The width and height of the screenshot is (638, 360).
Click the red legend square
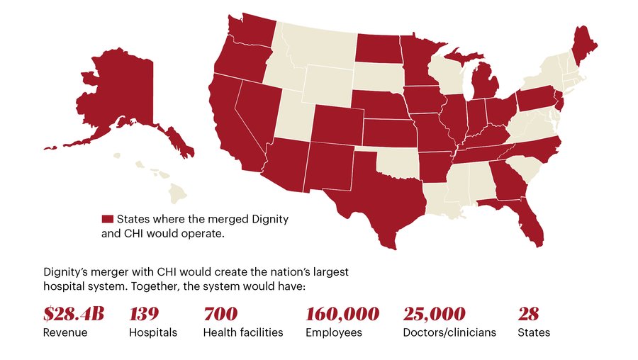[108, 219]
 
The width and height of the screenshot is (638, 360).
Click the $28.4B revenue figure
[73, 313]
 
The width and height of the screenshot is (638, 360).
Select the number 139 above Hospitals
[144, 313]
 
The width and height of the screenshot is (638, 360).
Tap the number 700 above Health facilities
[220, 313]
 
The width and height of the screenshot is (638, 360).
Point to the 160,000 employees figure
[342, 313]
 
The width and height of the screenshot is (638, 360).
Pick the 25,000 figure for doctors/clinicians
[434, 313]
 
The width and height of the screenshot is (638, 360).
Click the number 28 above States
[529, 313]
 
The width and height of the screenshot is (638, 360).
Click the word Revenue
[65, 332]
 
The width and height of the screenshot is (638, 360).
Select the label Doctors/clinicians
[449, 332]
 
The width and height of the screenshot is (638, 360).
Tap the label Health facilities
[243, 332]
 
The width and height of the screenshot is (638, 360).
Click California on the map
[237, 128]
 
